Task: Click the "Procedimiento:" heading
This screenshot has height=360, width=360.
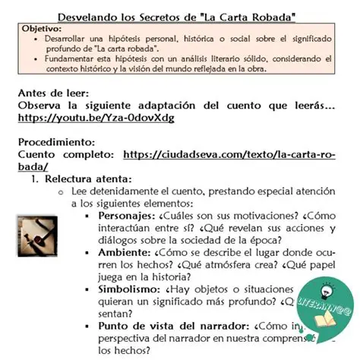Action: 56,141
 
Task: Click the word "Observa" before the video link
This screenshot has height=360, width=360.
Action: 43,106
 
